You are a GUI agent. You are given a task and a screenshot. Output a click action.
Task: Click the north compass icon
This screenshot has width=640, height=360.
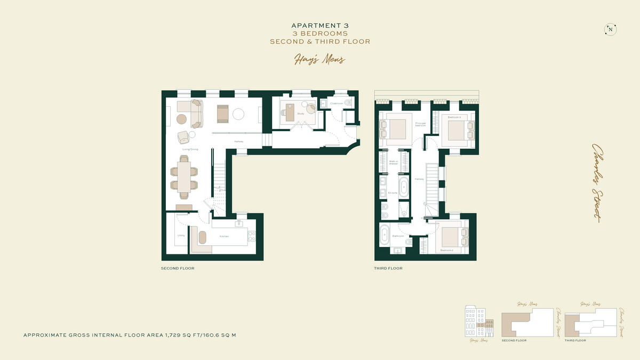[x=610, y=30]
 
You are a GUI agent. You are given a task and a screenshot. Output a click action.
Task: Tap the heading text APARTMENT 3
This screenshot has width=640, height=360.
[x=319, y=25]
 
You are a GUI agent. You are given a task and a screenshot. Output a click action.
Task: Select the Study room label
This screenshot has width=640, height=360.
[x=300, y=113]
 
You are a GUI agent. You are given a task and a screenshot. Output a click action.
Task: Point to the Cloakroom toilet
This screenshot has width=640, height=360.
[x=348, y=102]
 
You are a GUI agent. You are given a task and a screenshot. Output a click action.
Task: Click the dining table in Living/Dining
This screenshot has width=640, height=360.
[x=184, y=177]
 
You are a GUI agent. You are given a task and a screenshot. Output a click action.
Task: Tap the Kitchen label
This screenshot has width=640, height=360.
[x=225, y=236]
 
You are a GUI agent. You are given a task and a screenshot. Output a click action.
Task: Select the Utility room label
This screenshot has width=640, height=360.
[x=180, y=235]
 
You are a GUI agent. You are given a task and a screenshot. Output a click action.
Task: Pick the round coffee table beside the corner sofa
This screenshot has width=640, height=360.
[x=182, y=118]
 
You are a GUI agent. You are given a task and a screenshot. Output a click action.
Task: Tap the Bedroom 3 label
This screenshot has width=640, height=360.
[x=454, y=117]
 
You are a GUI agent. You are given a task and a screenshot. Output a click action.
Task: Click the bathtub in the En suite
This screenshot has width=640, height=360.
[x=404, y=188]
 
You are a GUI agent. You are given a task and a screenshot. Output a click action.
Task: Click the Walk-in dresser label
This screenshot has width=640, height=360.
[x=394, y=162]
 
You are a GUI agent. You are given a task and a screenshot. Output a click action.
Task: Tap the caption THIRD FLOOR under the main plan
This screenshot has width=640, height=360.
[x=388, y=268]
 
